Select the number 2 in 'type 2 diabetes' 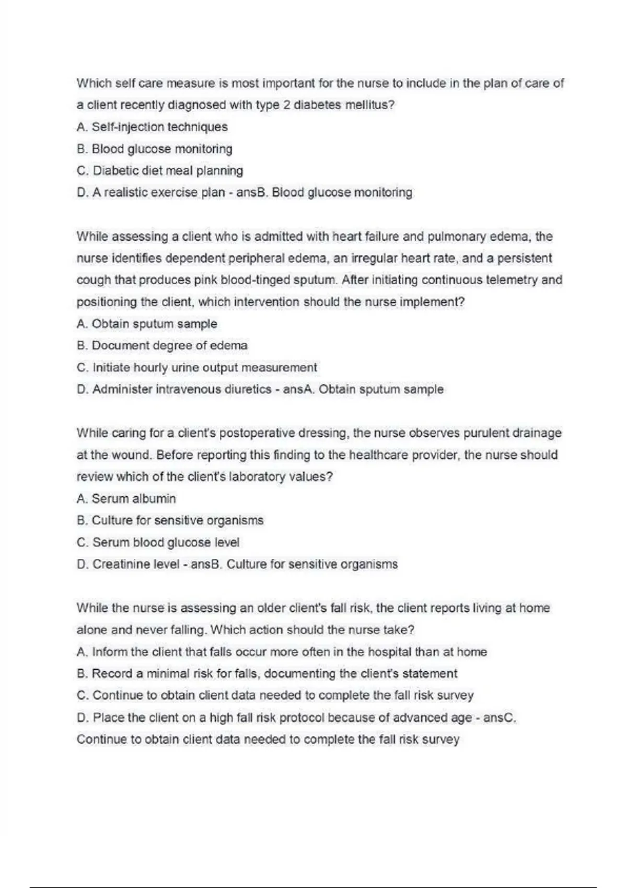286,105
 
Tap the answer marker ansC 499,718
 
